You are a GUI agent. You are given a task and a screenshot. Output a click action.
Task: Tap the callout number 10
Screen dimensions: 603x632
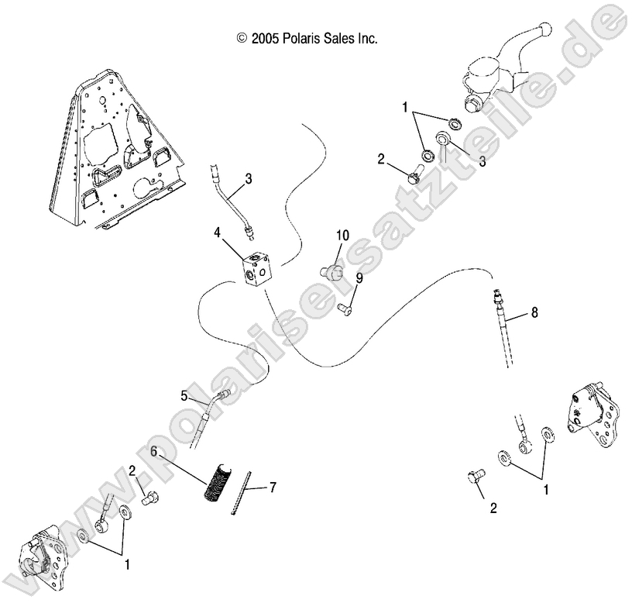342,235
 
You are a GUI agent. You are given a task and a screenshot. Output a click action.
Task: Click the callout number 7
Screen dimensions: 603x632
272,488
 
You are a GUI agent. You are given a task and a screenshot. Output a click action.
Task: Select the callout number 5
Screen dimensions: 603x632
184,395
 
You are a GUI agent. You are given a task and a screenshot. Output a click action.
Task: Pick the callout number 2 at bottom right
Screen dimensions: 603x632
493,508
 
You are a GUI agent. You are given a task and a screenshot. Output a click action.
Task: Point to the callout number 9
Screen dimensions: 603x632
359,278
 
